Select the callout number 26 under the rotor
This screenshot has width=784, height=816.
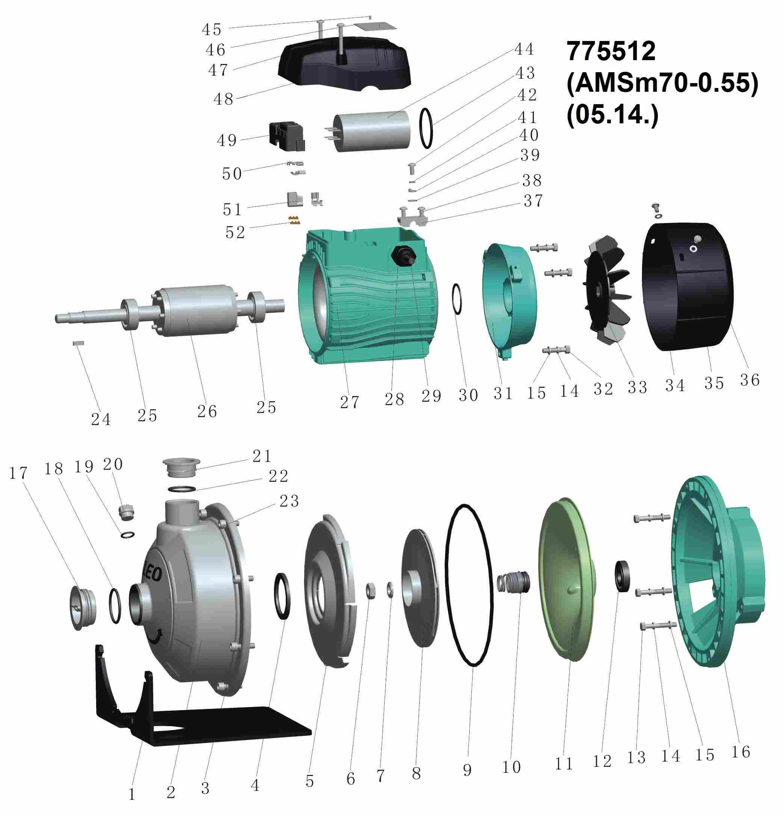(x=207, y=411)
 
